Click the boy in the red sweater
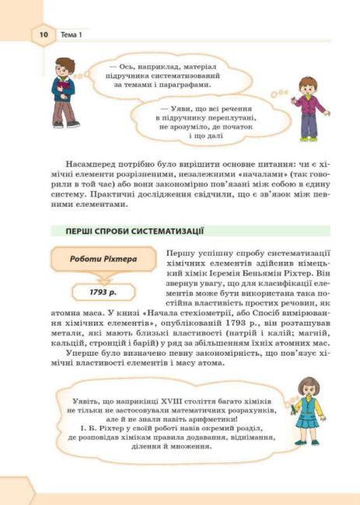63,90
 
